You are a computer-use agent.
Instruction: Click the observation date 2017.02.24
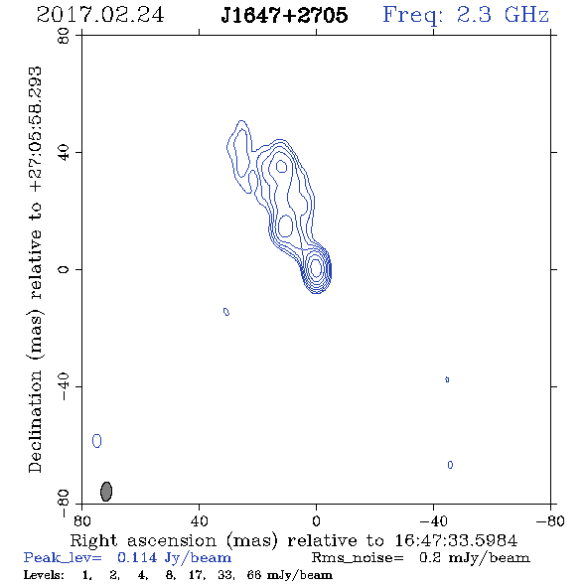coord(100,15)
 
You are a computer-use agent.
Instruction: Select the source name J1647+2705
coord(284,15)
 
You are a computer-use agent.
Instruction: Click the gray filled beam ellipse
coord(106,492)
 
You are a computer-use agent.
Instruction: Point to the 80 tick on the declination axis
coord(64,36)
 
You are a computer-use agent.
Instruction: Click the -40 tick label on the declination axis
coord(64,386)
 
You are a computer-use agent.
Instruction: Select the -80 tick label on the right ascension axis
coord(550,520)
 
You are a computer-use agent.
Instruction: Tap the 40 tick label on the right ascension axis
coord(199,520)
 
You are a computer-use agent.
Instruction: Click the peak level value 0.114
coord(137,557)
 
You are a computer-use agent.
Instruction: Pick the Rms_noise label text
coord(358,558)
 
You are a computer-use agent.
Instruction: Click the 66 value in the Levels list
coord(254,574)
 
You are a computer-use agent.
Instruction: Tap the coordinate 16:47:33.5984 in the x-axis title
coord(456,540)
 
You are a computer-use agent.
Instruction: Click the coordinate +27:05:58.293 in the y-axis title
coord(36,129)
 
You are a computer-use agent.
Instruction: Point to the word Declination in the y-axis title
coord(35,421)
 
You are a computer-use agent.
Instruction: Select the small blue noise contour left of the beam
coord(96,441)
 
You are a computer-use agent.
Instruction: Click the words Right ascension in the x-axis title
coord(143,540)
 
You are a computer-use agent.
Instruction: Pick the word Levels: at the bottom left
coord(44,574)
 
